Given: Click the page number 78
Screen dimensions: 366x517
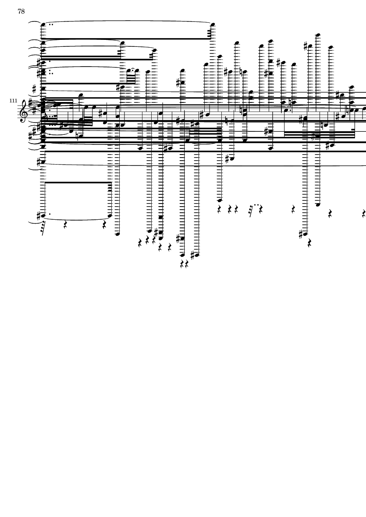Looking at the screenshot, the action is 21,11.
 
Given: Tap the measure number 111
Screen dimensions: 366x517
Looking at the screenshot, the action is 13,100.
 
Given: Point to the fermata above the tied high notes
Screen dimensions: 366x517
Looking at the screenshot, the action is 133,69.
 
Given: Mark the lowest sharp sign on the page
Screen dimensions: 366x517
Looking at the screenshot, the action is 195,255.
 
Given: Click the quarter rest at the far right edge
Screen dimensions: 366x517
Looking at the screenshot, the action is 364,213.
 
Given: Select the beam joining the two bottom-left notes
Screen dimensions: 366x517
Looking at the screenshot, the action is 78,183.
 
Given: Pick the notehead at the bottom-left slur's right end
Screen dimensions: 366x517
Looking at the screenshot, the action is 110,216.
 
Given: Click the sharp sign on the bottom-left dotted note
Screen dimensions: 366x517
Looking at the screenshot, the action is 39,216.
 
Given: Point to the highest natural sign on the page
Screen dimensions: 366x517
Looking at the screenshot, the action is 242,72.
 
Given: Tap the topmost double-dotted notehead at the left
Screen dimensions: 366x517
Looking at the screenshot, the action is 43,25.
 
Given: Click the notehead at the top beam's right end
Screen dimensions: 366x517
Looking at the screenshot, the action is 213,25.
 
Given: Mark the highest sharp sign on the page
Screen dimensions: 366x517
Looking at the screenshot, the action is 306,46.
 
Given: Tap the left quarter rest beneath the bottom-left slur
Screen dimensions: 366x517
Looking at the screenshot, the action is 65,225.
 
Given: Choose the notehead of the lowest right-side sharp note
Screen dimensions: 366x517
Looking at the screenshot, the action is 305,234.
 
